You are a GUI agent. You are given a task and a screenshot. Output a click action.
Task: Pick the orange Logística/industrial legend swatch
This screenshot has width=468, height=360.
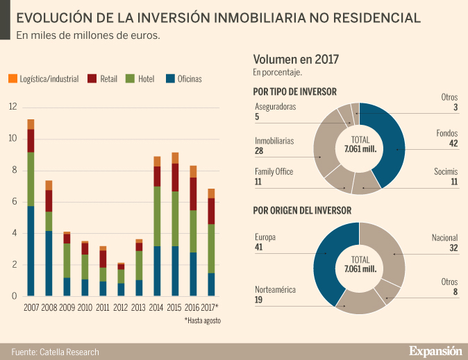coord(12,79)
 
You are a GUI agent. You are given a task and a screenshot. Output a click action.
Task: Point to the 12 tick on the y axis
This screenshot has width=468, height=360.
coord(12,107)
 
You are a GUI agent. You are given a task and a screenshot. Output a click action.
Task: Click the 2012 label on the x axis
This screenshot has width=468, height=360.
coord(121,307)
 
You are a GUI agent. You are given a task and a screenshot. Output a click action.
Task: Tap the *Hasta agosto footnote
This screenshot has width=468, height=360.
coord(201,321)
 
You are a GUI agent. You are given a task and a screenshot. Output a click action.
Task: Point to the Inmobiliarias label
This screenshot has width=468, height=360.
coord(274,141)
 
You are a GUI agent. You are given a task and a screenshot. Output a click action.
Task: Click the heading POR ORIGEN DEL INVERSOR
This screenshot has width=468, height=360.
coord(302,210)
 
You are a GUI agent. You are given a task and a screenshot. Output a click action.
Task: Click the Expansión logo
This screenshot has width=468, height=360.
coord(435,351)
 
